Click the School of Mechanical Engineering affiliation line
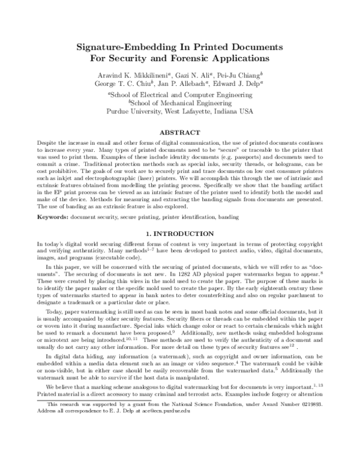180,103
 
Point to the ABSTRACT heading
180,132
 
